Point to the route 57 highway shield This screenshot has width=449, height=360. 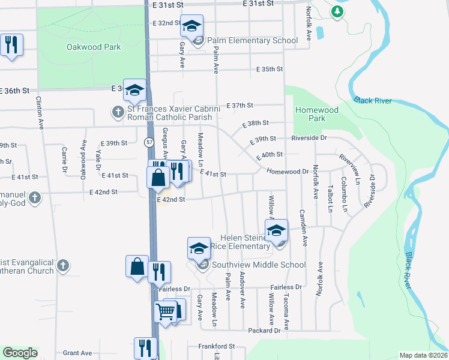(x=148, y=142)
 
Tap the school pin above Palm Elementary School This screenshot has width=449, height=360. (x=192, y=26)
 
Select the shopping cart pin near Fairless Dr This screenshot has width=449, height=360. (x=166, y=312)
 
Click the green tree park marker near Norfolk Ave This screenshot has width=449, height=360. (x=337, y=11)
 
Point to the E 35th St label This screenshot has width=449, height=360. (x=269, y=69)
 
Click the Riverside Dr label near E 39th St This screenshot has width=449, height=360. (x=309, y=138)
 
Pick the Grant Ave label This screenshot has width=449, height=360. (x=77, y=353)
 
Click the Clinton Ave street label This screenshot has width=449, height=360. (x=41, y=114)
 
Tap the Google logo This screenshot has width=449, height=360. (x=20, y=353)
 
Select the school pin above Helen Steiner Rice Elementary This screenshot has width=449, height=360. (x=277, y=231)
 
